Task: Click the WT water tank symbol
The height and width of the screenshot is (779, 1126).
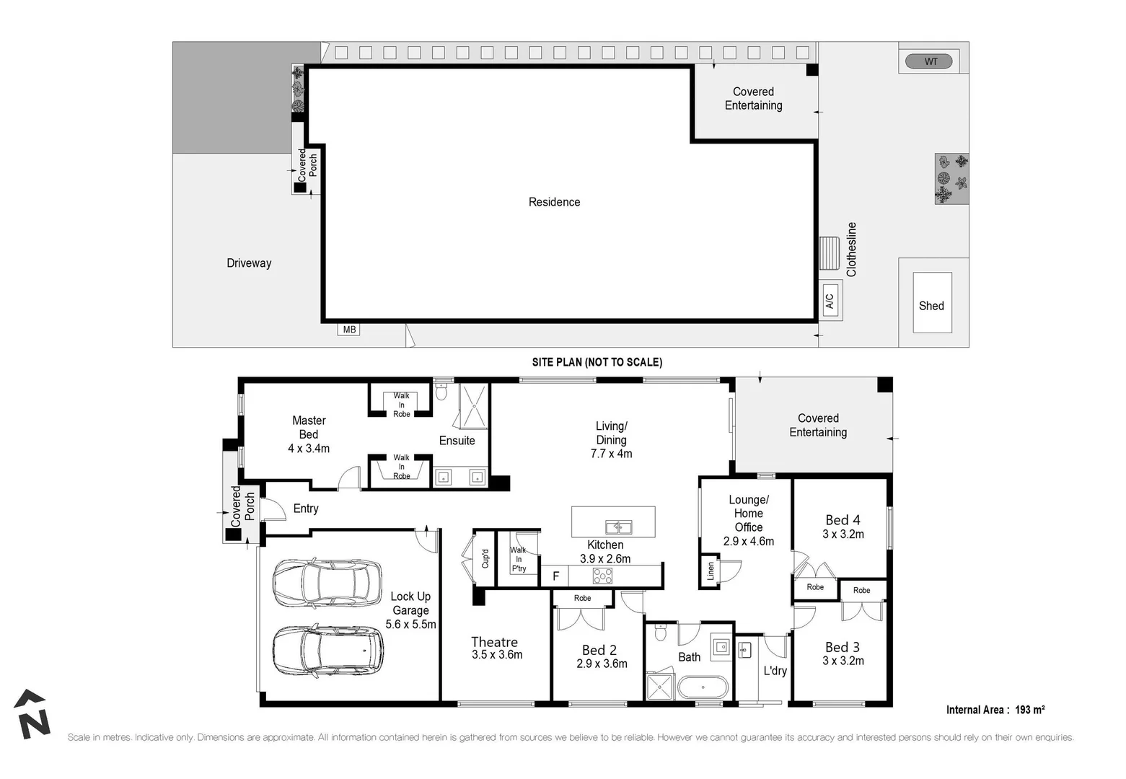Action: pyautogui.click(x=931, y=61)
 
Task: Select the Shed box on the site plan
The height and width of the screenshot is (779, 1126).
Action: pyautogui.click(x=932, y=303)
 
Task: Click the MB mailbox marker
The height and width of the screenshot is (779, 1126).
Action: pyautogui.click(x=349, y=330)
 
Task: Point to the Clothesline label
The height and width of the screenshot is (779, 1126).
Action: pyautogui.click(x=852, y=250)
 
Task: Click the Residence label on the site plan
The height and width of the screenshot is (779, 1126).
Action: pyautogui.click(x=554, y=202)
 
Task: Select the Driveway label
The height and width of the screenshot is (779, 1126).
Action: pyautogui.click(x=249, y=263)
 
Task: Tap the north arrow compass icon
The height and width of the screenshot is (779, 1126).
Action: pyautogui.click(x=32, y=714)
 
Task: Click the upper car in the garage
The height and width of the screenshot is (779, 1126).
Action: pyautogui.click(x=327, y=582)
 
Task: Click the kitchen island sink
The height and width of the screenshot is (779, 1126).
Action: pyautogui.click(x=617, y=527)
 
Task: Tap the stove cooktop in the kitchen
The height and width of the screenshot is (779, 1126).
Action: pyautogui.click(x=602, y=576)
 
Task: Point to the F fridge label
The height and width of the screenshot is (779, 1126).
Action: pyautogui.click(x=555, y=576)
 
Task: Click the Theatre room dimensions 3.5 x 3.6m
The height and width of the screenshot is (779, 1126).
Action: pyautogui.click(x=497, y=655)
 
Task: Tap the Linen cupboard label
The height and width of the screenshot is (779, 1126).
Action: pyautogui.click(x=711, y=571)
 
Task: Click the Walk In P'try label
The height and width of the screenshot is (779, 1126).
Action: pyautogui.click(x=519, y=560)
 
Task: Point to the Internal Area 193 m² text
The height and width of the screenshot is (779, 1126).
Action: pyautogui.click(x=995, y=710)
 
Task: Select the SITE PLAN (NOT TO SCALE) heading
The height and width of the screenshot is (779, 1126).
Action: pyautogui.click(x=597, y=362)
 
